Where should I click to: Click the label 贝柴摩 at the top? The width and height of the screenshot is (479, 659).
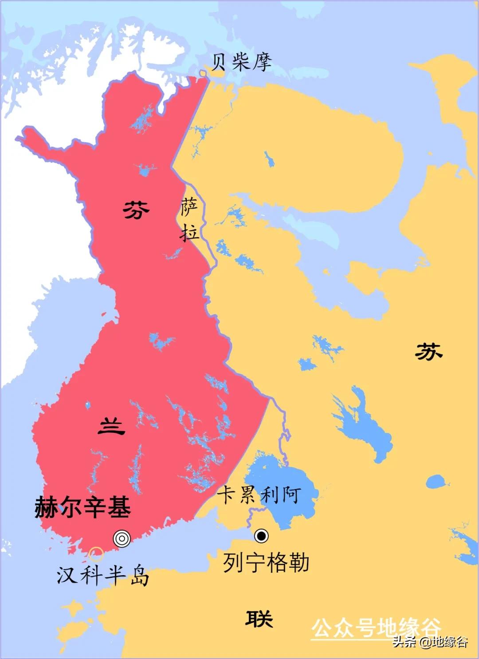click(x=241, y=63)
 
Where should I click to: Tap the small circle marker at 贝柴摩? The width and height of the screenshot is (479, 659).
click(x=203, y=72)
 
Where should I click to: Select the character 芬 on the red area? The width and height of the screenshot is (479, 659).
click(x=136, y=209)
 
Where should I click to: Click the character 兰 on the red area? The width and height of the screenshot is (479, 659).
click(x=111, y=427)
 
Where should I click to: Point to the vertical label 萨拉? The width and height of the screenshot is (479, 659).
click(x=190, y=220)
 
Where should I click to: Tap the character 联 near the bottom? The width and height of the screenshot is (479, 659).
click(x=259, y=618)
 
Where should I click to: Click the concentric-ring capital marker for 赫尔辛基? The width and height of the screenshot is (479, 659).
click(x=122, y=538)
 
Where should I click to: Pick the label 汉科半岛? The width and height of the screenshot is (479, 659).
click(x=102, y=576)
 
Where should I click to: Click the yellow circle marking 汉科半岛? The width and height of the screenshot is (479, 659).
click(x=96, y=554)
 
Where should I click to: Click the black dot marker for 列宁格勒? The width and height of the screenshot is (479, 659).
click(x=261, y=536)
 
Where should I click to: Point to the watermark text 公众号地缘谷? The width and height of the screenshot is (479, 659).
click(x=376, y=628)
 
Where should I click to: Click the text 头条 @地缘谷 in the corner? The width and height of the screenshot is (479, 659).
click(x=430, y=642)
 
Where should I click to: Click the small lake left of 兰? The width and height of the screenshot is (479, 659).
click(x=87, y=405)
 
